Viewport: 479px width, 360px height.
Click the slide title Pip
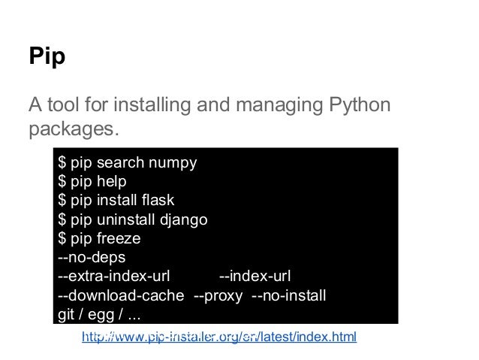tap(47, 57)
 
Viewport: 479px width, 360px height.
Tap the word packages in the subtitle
tap(73, 129)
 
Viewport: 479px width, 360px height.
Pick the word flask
tap(158, 201)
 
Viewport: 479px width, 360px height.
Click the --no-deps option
tap(92, 258)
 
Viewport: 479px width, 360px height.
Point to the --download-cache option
tap(122, 295)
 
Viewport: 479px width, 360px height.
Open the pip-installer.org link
tap(218, 336)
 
